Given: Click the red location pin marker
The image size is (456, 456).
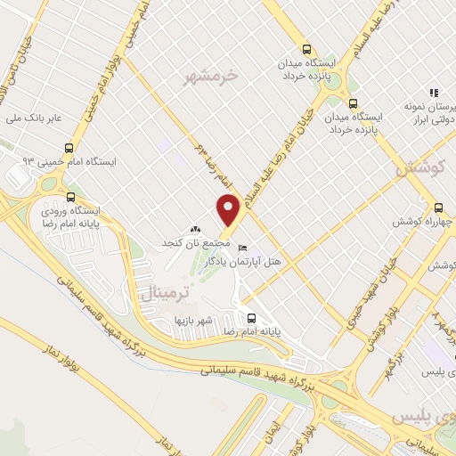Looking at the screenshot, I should point(227,210).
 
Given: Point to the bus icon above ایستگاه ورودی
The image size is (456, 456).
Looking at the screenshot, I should point(71,198).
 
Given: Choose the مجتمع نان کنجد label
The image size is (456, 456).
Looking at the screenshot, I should point(184,243).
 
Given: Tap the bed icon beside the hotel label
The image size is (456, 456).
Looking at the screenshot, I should point(242,248).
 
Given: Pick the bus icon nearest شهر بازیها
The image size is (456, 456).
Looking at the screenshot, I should point(251,317).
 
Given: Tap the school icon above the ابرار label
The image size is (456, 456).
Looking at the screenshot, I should point(434,92).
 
